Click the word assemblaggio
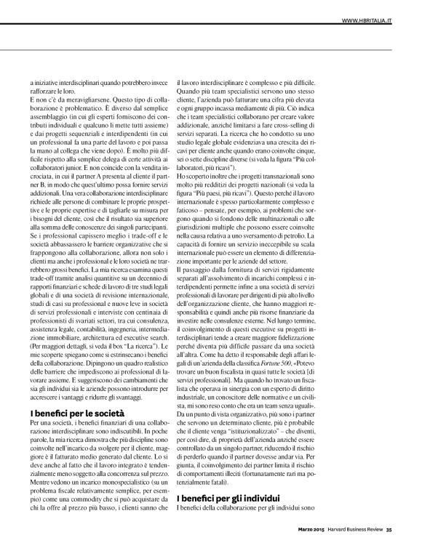point(50,117)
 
